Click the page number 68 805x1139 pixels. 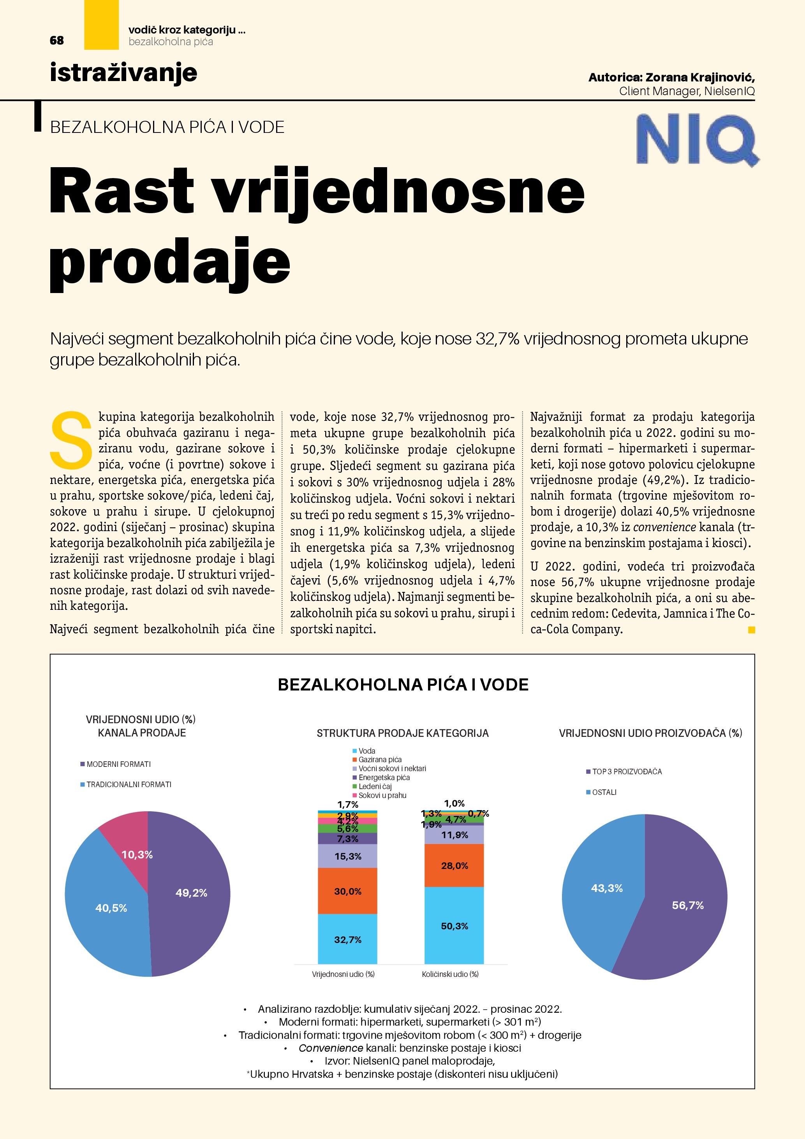(x=56, y=40)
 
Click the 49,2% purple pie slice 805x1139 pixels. (x=191, y=893)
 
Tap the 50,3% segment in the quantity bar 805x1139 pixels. (x=454, y=926)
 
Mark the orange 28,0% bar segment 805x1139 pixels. (x=454, y=866)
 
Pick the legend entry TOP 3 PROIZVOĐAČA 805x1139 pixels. (x=627, y=772)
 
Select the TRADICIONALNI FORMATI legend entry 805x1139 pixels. (x=129, y=784)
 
